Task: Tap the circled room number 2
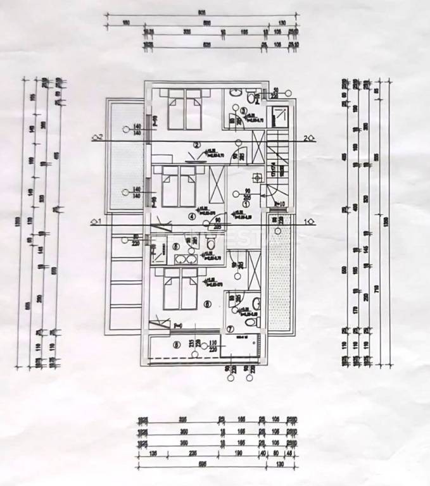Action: click(x=196, y=145)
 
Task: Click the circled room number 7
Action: click(x=230, y=328)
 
